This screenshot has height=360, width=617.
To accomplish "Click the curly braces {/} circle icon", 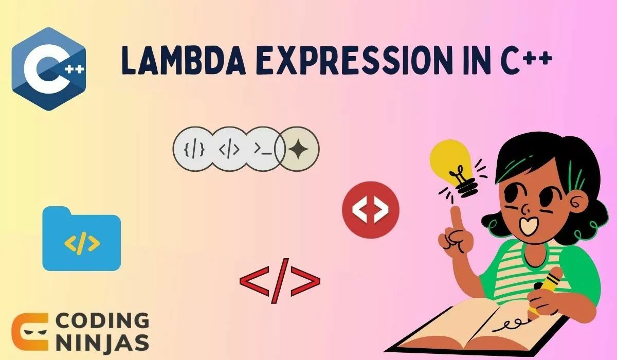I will (194, 149).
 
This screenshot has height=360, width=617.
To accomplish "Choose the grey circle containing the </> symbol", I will (229, 149).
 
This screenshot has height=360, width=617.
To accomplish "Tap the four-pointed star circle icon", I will (298, 149).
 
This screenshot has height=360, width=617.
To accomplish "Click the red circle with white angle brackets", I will (371, 209).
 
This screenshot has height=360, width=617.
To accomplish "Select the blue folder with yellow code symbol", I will (81, 240).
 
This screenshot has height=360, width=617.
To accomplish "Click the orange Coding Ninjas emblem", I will (29, 332).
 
